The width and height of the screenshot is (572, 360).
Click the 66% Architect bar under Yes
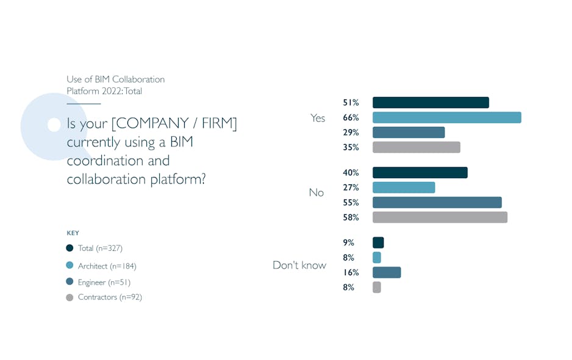coord(446,118)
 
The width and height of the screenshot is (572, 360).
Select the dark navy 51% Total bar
coord(431,103)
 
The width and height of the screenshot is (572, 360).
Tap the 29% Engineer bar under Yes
coord(409,132)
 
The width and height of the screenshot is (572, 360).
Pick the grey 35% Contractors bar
coord(416,147)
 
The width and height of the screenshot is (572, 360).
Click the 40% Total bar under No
coord(420,173)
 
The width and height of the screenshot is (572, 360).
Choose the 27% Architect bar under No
coord(404,187)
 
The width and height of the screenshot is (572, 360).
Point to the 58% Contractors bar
coord(440,217)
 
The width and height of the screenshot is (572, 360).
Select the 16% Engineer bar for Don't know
coord(387,273)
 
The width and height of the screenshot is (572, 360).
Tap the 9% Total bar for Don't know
coord(378,243)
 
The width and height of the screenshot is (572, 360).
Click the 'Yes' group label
coord(318,118)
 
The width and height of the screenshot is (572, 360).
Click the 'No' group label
coord(316,193)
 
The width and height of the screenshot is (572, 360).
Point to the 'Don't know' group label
coord(299,265)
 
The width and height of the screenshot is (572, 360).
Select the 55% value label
coord(351,203)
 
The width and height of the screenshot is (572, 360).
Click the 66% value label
coord(351,118)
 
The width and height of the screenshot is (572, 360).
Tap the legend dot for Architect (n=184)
coord(70,265)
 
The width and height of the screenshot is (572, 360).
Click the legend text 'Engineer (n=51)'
coord(104,283)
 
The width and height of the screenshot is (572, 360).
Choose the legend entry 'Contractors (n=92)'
coord(110,297)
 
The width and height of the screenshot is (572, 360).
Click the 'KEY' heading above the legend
coord(73,233)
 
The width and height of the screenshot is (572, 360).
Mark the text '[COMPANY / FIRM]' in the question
coord(174,124)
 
